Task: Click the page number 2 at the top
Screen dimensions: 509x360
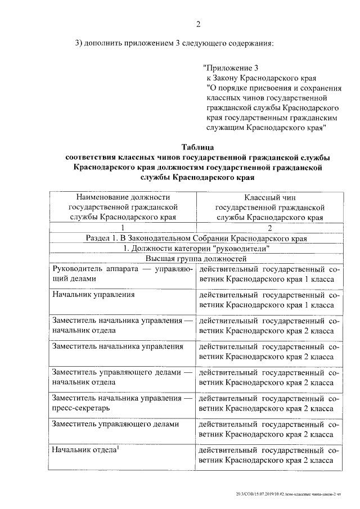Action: click(197, 24)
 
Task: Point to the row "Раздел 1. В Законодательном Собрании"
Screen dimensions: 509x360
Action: click(196, 238)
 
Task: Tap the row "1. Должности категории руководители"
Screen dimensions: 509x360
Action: click(196, 249)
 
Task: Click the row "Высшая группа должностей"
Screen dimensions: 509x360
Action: click(196, 259)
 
